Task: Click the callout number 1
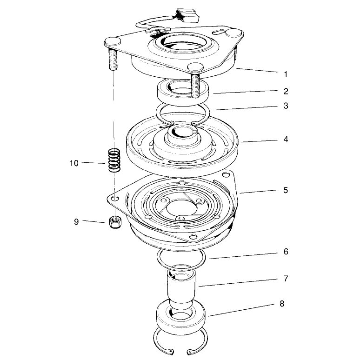click(286, 74)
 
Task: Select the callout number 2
click(286, 91)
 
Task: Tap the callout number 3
click(286, 106)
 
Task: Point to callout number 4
click(286, 140)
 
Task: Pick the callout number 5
click(286, 190)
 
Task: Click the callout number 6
click(286, 252)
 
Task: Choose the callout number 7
click(286, 279)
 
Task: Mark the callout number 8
click(282, 304)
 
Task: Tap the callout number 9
click(76, 222)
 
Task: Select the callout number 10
click(74, 163)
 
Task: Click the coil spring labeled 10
click(114, 160)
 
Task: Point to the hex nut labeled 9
click(115, 222)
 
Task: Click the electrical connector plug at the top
click(187, 16)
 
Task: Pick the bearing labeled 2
click(183, 92)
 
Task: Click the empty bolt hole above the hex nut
click(115, 198)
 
